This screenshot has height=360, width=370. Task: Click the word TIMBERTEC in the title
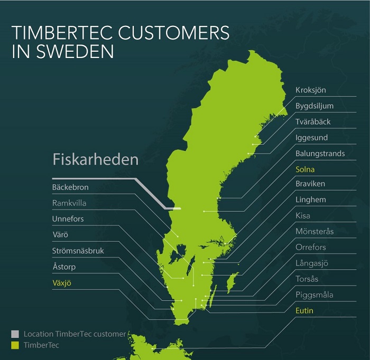point(64,33)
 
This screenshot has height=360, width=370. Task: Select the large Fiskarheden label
point(95,159)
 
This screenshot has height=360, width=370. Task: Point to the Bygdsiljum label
point(314,106)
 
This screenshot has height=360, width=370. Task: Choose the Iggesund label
point(311,138)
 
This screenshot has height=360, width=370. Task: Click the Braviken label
point(310,184)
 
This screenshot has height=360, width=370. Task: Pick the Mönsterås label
point(314,231)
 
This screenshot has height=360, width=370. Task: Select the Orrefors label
point(311,247)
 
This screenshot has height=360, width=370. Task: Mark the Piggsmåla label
point(314,295)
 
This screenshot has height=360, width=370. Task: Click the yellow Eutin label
point(304,310)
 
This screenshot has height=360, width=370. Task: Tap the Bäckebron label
point(70,187)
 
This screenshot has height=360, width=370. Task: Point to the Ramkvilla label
point(69,203)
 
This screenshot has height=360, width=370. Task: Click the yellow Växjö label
point(61,283)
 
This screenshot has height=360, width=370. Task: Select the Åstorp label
point(64,267)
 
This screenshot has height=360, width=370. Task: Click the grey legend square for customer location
point(15,334)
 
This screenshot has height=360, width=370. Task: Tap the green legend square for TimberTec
point(15,345)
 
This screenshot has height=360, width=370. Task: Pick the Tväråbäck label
point(313,122)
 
